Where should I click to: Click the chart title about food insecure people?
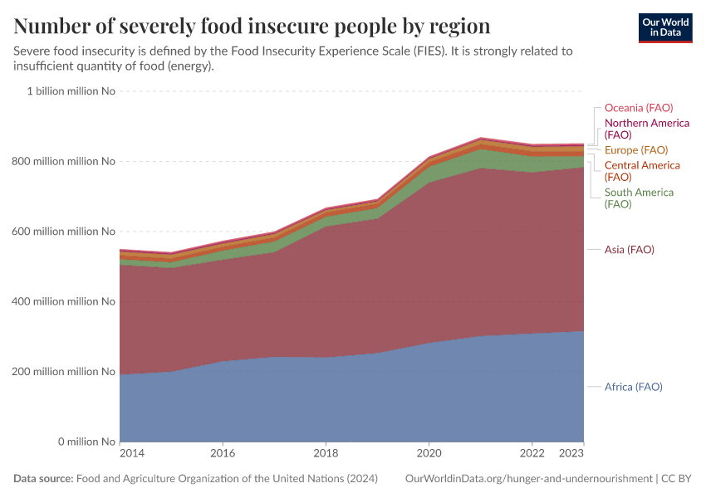[252, 27]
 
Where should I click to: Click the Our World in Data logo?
[664, 27]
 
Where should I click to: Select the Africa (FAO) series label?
[633, 387]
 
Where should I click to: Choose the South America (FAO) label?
[639, 198]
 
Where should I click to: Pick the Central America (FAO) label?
[641, 171]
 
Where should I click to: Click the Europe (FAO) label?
[635, 150]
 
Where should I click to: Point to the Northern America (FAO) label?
[646, 129]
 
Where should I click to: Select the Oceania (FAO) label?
[638, 108]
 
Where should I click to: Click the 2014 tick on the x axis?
[131, 454]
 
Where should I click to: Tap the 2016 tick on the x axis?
[223, 454]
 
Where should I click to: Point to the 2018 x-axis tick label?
[326, 454]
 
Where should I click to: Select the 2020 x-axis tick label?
[429, 454]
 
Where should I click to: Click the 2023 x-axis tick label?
[572, 454]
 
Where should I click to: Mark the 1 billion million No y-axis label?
[71, 91]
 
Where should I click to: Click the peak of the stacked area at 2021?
[481, 139]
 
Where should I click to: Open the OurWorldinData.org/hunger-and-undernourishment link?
[528, 479]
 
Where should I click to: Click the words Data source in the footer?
[43, 479]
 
